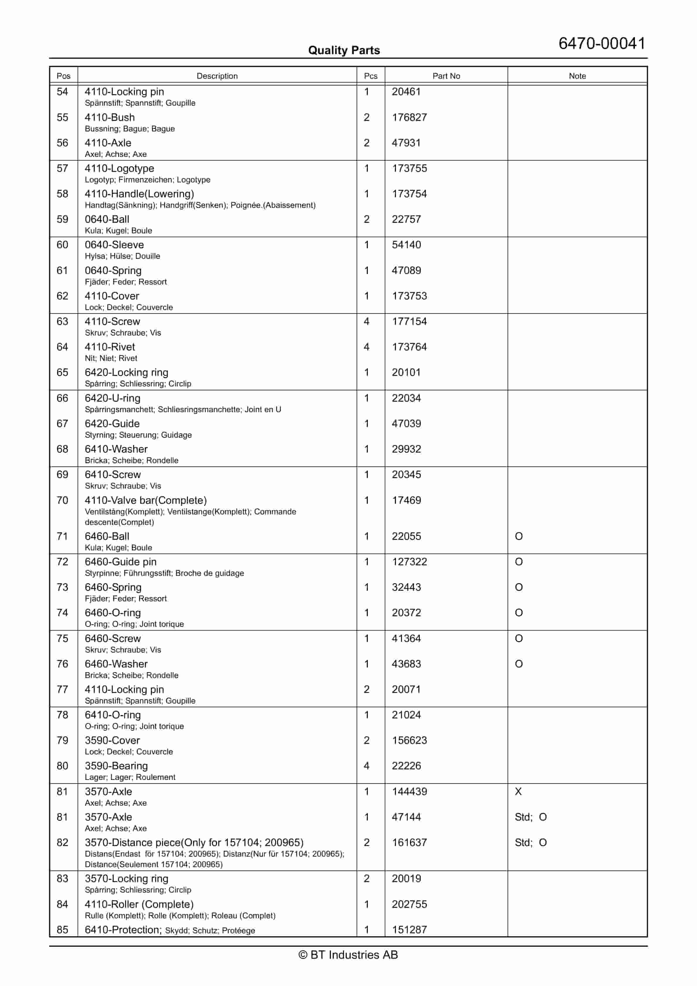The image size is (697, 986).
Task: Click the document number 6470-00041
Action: (x=602, y=43)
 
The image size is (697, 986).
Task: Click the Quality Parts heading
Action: (x=344, y=50)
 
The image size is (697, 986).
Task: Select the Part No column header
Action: (x=446, y=76)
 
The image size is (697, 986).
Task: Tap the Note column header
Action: (x=577, y=76)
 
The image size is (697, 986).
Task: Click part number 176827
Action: (x=409, y=117)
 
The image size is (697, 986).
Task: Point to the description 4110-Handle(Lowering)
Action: (x=139, y=194)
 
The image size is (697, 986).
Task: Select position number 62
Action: (x=62, y=296)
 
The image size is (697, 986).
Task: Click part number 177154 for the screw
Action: (x=409, y=321)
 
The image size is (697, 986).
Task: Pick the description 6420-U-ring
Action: (x=112, y=398)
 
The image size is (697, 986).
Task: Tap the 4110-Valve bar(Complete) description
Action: (x=146, y=500)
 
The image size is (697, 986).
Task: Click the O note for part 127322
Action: (x=519, y=562)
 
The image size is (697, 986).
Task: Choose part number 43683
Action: (x=406, y=664)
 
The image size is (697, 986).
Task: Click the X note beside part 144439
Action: (x=518, y=791)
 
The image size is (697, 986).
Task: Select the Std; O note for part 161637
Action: (x=531, y=843)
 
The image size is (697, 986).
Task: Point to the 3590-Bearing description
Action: (x=116, y=766)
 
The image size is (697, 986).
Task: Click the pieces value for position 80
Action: (x=367, y=766)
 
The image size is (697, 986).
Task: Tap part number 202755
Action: (x=409, y=904)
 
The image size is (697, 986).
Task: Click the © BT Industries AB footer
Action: (x=348, y=955)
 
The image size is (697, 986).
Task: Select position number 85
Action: (x=62, y=930)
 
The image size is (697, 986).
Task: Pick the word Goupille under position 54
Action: (x=180, y=103)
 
